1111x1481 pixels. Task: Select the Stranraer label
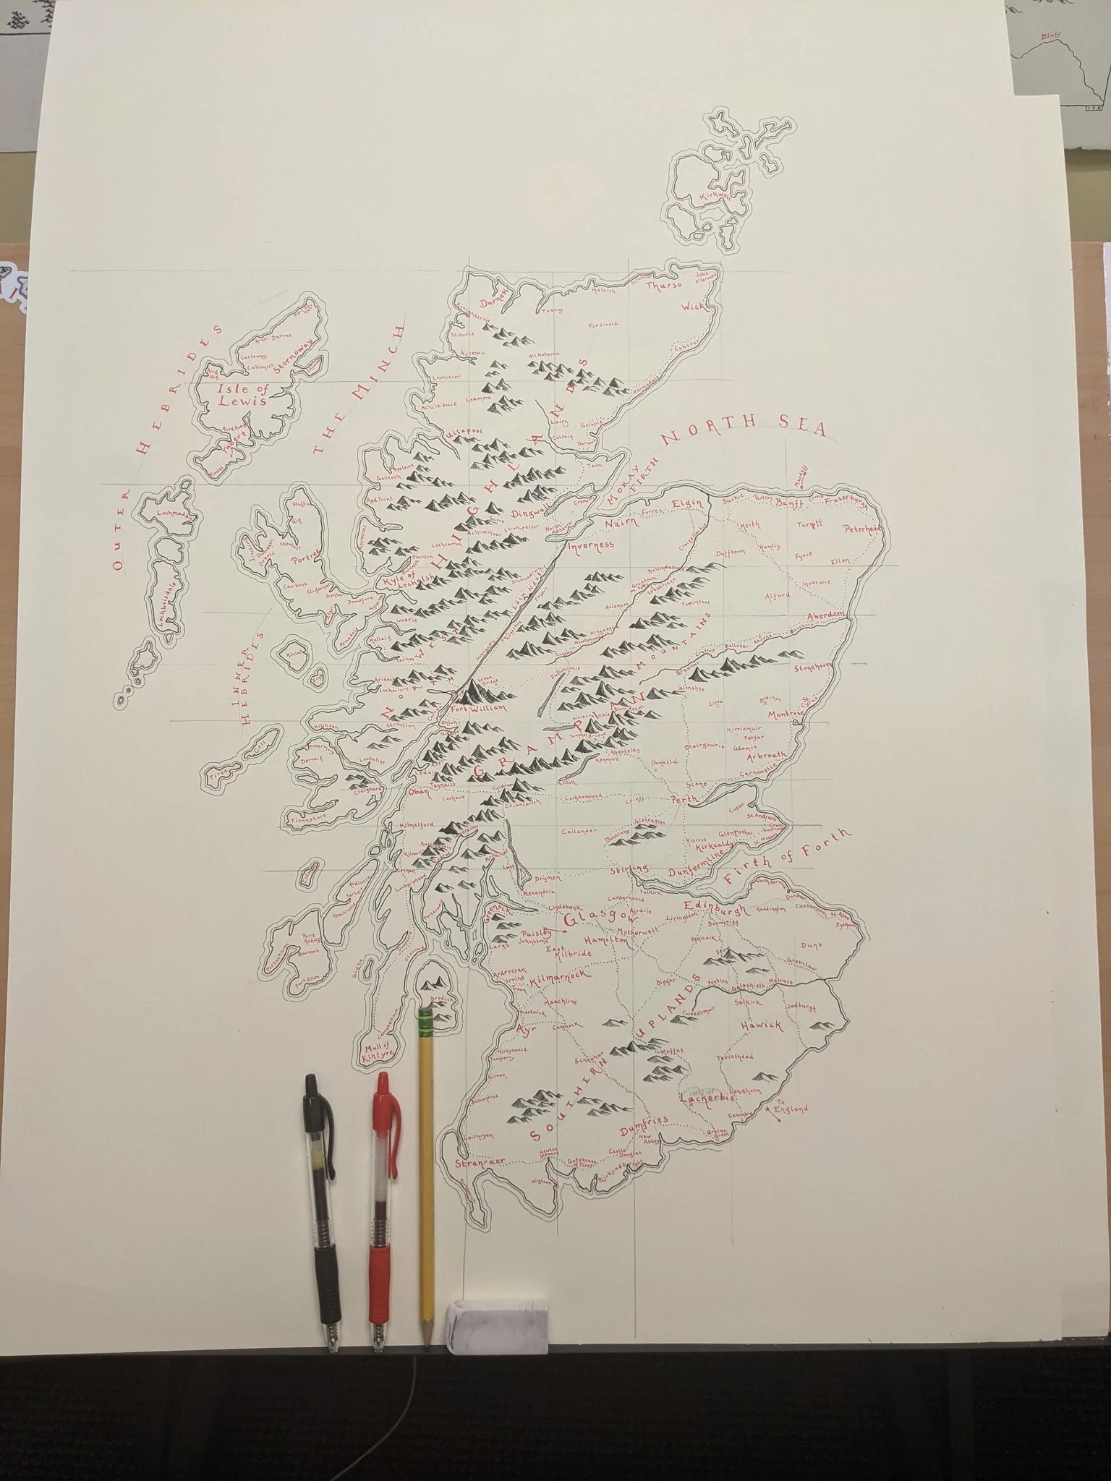[x=480, y=1164]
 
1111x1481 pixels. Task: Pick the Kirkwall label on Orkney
[x=712, y=196]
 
